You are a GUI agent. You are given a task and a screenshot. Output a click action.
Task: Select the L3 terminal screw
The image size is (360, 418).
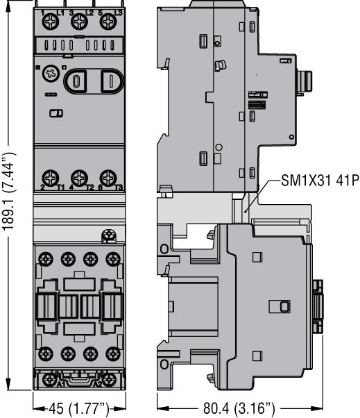click(107, 22)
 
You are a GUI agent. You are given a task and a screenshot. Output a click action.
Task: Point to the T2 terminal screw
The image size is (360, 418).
click(78, 177)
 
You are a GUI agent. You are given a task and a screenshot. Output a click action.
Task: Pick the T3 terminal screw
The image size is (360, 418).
click(106, 177)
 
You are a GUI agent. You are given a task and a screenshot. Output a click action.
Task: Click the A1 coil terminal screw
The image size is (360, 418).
click(51, 381)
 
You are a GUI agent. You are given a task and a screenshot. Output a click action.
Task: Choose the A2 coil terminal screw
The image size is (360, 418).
click(107, 381)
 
